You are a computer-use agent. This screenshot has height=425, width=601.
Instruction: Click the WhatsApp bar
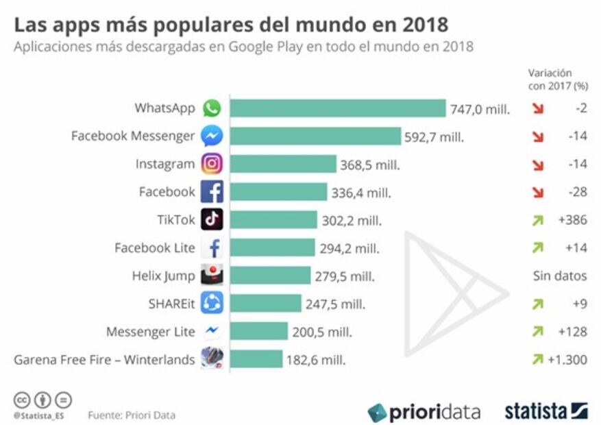[x=337, y=108]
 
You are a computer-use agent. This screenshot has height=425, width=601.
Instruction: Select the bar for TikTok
[x=273, y=219]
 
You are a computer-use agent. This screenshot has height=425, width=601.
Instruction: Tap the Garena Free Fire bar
[x=256, y=359]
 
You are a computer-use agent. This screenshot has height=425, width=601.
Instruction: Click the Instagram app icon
[x=212, y=164]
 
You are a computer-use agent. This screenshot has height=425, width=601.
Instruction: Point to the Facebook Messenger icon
[x=212, y=136]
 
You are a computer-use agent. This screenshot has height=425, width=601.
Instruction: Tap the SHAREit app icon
[x=212, y=303]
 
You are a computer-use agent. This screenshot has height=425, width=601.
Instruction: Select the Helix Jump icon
[x=212, y=276]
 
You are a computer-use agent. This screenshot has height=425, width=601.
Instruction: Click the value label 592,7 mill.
[x=434, y=136]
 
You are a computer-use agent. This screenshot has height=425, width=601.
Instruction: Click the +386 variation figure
[x=572, y=220]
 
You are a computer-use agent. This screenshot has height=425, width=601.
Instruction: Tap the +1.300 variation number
[x=567, y=359]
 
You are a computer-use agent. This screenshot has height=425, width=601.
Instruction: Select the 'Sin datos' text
[x=560, y=276]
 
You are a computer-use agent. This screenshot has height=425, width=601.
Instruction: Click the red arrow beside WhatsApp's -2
[x=538, y=108]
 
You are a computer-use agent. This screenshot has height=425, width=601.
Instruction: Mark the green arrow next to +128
[x=538, y=331]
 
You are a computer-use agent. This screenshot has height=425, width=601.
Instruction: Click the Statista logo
[x=546, y=411]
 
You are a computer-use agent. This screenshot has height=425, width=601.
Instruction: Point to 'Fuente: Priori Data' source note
[x=132, y=415]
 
